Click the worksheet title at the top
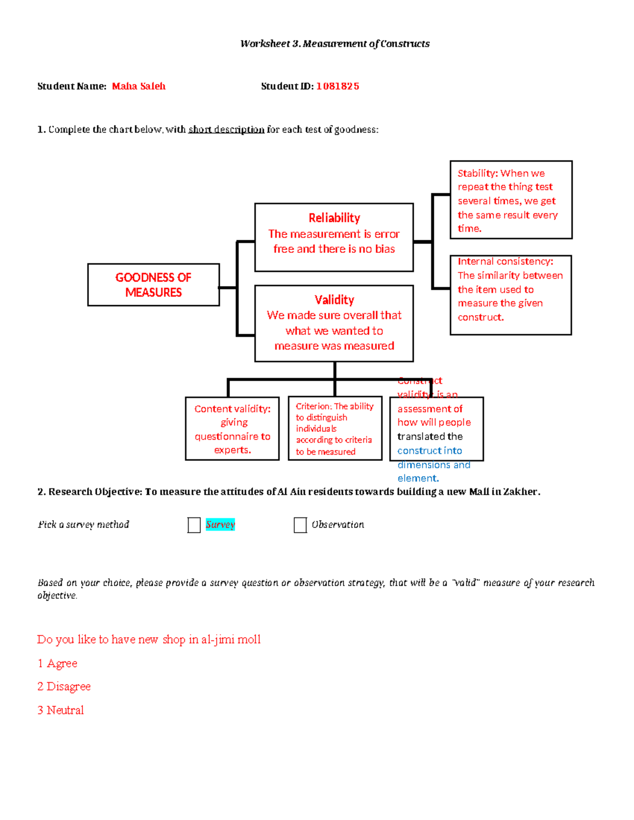click(334, 44)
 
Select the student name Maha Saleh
click(138, 86)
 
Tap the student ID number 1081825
click(338, 86)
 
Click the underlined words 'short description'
click(226, 129)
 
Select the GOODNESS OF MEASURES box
click(153, 285)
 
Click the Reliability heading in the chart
click(334, 218)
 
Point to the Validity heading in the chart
click(334, 300)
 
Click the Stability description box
click(510, 200)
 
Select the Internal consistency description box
click(510, 295)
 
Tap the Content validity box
click(232, 429)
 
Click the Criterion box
click(334, 429)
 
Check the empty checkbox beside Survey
click(194, 525)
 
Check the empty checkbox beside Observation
click(300, 525)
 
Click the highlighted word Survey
click(220, 524)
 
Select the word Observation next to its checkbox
click(338, 524)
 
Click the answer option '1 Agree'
click(58, 663)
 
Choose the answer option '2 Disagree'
click(64, 686)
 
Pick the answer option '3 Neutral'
click(61, 710)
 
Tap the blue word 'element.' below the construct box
click(418, 478)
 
